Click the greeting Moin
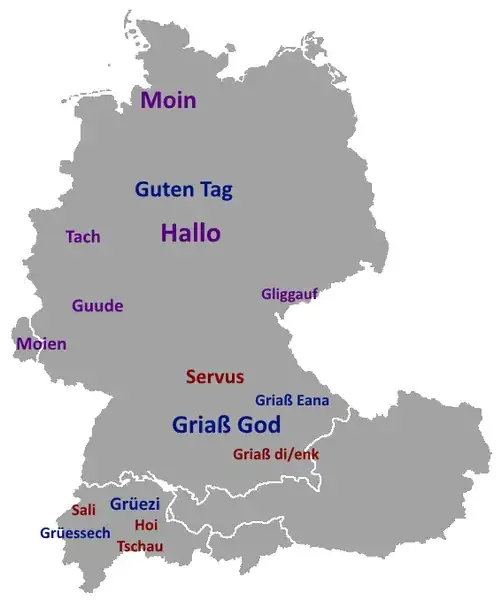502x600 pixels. (168, 100)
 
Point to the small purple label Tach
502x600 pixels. (83, 237)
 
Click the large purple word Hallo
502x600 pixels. (190, 233)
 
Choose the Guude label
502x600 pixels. (97, 305)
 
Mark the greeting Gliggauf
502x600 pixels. (289, 294)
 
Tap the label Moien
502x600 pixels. (41, 344)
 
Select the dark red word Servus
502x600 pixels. (215, 377)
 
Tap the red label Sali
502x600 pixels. (83, 510)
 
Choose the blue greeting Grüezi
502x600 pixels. (135, 503)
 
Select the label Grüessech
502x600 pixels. (75, 533)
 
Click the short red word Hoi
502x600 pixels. (146, 525)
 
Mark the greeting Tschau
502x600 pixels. (140, 546)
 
